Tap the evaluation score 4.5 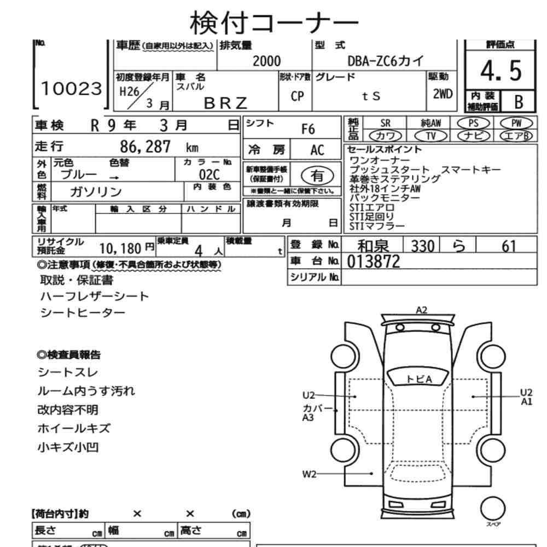(500, 71)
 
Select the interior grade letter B (519, 102)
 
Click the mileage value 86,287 (146, 147)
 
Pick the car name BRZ (226, 102)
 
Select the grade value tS (371, 96)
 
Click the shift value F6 (309, 129)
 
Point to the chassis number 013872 (374, 262)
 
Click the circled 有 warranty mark (316, 175)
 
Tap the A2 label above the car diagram (421, 310)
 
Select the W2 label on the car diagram (310, 474)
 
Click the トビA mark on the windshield (419, 379)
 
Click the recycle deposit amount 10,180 (121, 249)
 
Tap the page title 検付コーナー (273, 22)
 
